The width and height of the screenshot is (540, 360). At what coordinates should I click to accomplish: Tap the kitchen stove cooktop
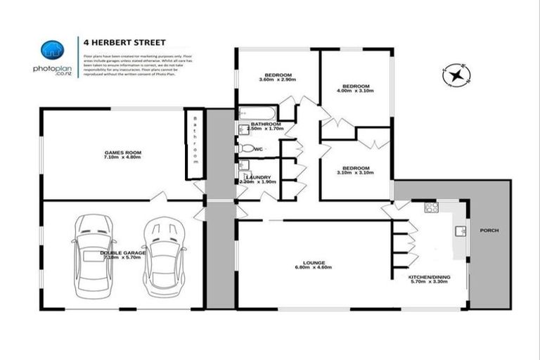[x=430, y=207]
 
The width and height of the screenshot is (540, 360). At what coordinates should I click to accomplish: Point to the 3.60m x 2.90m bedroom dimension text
[x=277, y=79]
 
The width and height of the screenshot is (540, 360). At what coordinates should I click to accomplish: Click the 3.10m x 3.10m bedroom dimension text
[x=355, y=173]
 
